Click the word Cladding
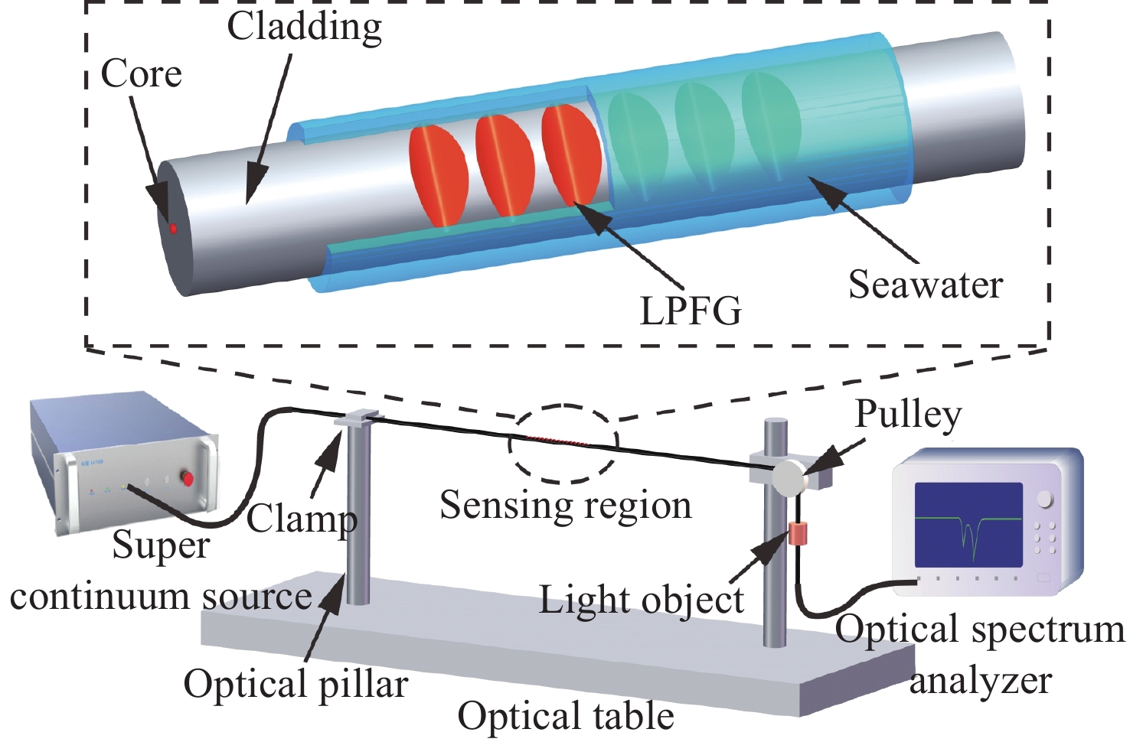[x=304, y=28]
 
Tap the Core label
[x=142, y=74]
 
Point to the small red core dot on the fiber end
[x=174, y=228]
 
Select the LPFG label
[x=691, y=311]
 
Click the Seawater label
[x=925, y=285]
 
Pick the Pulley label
[x=908, y=415]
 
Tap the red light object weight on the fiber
[x=799, y=533]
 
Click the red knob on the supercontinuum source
[x=188, y=480]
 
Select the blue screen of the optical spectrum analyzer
[x=968, y=524]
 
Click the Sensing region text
[x=565, y=506]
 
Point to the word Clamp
[x=302, y=519]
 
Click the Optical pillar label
[x=296, y=683]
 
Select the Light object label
[x=641, y=600]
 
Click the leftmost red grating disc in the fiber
[x=439, y=175]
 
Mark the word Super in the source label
[x=161, y=546]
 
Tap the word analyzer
[x=980, y=681]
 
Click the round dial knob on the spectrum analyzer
[x=1045, y=500]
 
